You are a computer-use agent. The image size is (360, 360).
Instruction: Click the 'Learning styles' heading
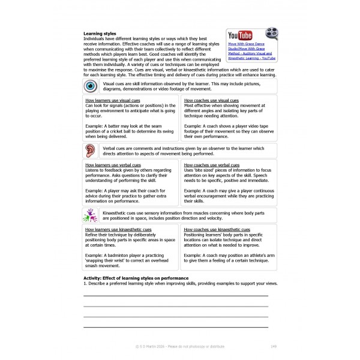[100, 34]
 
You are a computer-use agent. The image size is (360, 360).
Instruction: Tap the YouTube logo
[241, 35]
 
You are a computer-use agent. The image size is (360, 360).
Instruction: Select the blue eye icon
[90, 86]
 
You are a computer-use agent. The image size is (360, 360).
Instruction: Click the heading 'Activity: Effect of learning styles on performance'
[136, 278]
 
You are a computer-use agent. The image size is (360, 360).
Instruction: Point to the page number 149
[274, 346]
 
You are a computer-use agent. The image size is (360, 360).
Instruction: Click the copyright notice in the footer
[180, 346]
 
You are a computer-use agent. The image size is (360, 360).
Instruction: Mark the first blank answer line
[176, 295]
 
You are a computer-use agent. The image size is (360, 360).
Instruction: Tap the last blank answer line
[176, 327]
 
